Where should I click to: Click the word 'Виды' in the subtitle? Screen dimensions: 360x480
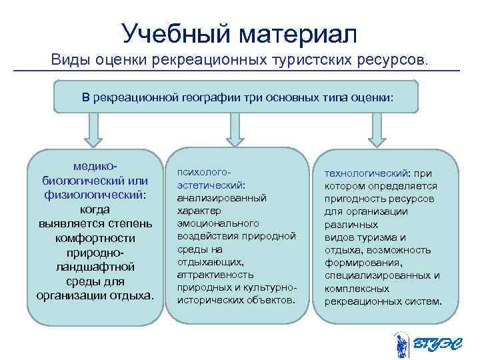click(x=72, y=61)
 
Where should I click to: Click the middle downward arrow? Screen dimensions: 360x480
click(x=234, y=129)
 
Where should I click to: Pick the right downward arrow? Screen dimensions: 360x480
click(x=377, y=129)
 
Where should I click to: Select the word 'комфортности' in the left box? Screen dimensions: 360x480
click(x=96, y=238)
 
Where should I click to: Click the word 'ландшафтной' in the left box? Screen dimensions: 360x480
click(x=96, y=267)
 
